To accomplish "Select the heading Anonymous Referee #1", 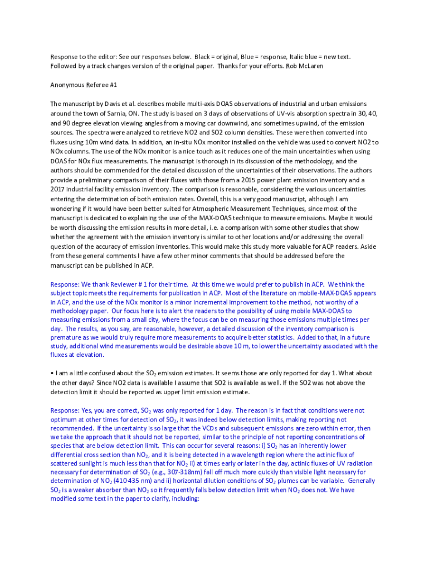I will click(x=84, y=85).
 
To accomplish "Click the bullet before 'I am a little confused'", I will click(x=52, y=373).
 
